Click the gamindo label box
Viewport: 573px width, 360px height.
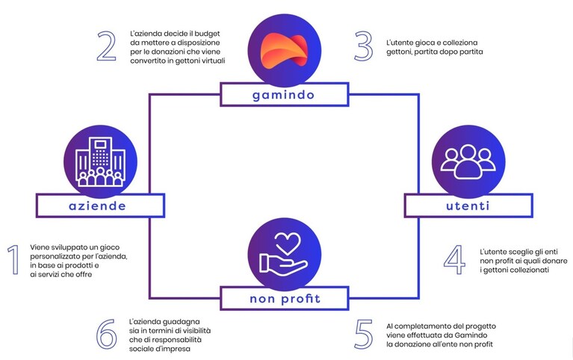point(285,95)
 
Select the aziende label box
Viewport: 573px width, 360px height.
point(101,205)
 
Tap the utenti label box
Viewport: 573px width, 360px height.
point(468,205)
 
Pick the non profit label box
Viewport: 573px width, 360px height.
point(285,298)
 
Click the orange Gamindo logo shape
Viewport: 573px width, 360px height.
point(284,49)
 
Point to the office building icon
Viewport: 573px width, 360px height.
point(100,162)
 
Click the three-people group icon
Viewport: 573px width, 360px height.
point(468,161)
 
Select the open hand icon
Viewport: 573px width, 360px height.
point(283,264)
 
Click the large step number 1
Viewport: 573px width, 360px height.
point(13,260)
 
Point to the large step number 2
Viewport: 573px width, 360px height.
point(106,46)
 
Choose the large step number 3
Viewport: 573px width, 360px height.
point(364,46)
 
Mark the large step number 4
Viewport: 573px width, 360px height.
point(455,260)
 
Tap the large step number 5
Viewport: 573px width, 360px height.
point(364,334)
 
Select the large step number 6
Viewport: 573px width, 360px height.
point(107,334)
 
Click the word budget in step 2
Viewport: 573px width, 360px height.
point(207,34)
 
